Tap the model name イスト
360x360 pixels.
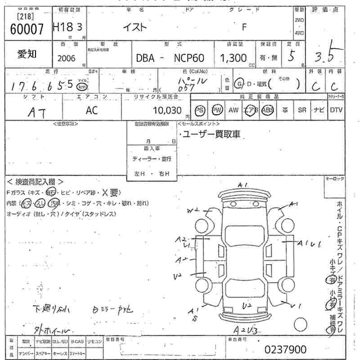pos(135,27)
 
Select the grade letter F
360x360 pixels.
pos(244,27)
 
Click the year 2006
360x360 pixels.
pos(67,58)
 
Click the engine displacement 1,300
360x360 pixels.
pos(233,58)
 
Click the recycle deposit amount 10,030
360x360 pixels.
pos(167,110)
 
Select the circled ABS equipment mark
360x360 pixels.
pos(267,110)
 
